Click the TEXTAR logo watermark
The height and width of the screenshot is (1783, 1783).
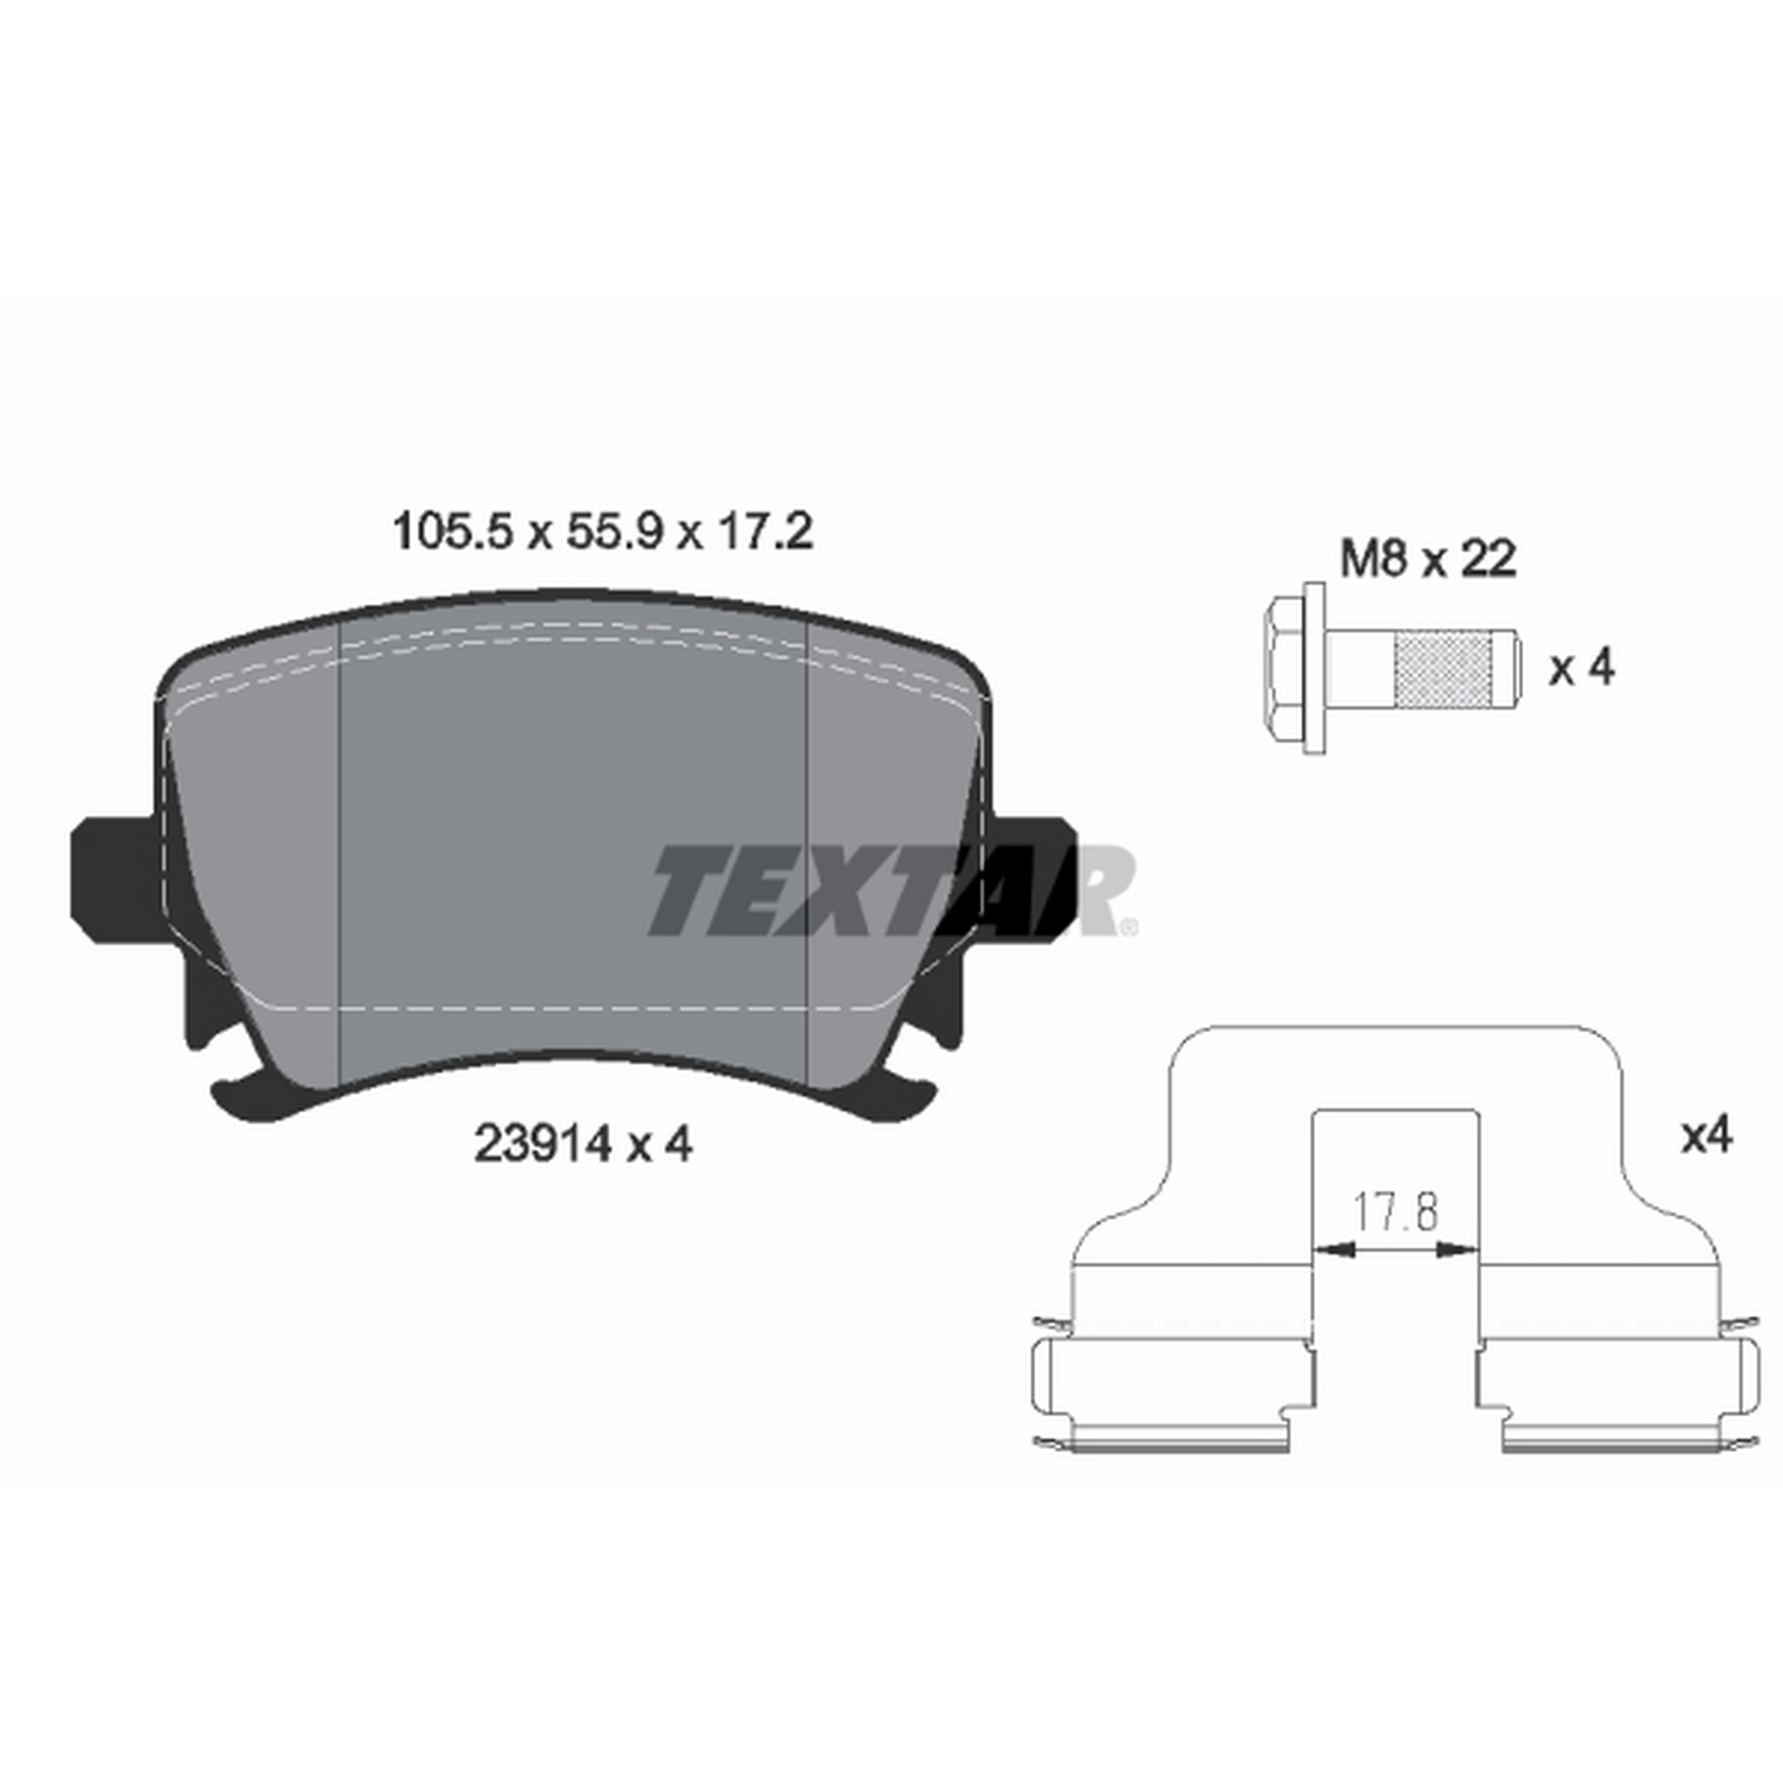[x=891, y=891]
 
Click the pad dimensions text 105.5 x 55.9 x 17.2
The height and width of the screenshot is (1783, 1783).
[x=603, y=533]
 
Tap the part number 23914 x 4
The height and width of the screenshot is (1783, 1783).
[x=583, y=1145]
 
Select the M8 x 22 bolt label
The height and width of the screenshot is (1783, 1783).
[x=1428, y=559]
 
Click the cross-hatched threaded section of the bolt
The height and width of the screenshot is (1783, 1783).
[x=1445, y=668]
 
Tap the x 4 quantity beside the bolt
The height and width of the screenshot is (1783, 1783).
[x=1582, y=668]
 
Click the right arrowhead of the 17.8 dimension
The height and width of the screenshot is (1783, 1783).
[x=1460, y=1250]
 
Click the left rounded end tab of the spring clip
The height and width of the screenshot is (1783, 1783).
[x=1043, y=1391]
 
